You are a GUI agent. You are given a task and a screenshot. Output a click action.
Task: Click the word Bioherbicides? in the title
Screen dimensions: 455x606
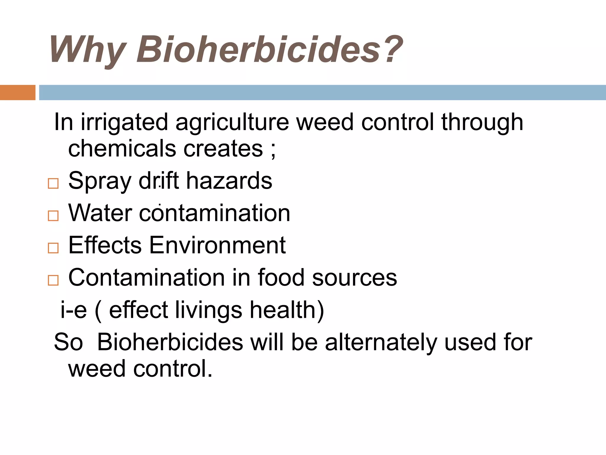(269, 49)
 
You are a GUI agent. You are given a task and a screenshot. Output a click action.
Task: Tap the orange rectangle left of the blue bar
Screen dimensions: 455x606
(17, 92)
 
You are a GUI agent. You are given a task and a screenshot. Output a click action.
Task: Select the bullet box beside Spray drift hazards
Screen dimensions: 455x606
(53, 184)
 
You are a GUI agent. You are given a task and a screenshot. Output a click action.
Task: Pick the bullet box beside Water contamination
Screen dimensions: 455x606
(53, 216)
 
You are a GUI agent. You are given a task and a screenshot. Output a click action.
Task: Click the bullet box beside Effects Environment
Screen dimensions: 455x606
(53, 248)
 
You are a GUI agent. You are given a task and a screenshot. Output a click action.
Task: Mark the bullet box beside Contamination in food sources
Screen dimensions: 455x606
(53, 280)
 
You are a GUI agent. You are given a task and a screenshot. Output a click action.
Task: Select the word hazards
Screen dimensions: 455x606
(229, 181)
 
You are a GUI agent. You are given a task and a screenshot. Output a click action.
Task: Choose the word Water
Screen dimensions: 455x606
(100, 213)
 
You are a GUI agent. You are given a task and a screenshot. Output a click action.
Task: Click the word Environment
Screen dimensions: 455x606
(217, 245)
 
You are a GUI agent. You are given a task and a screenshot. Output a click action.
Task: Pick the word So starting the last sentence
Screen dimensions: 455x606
(68, 342)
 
